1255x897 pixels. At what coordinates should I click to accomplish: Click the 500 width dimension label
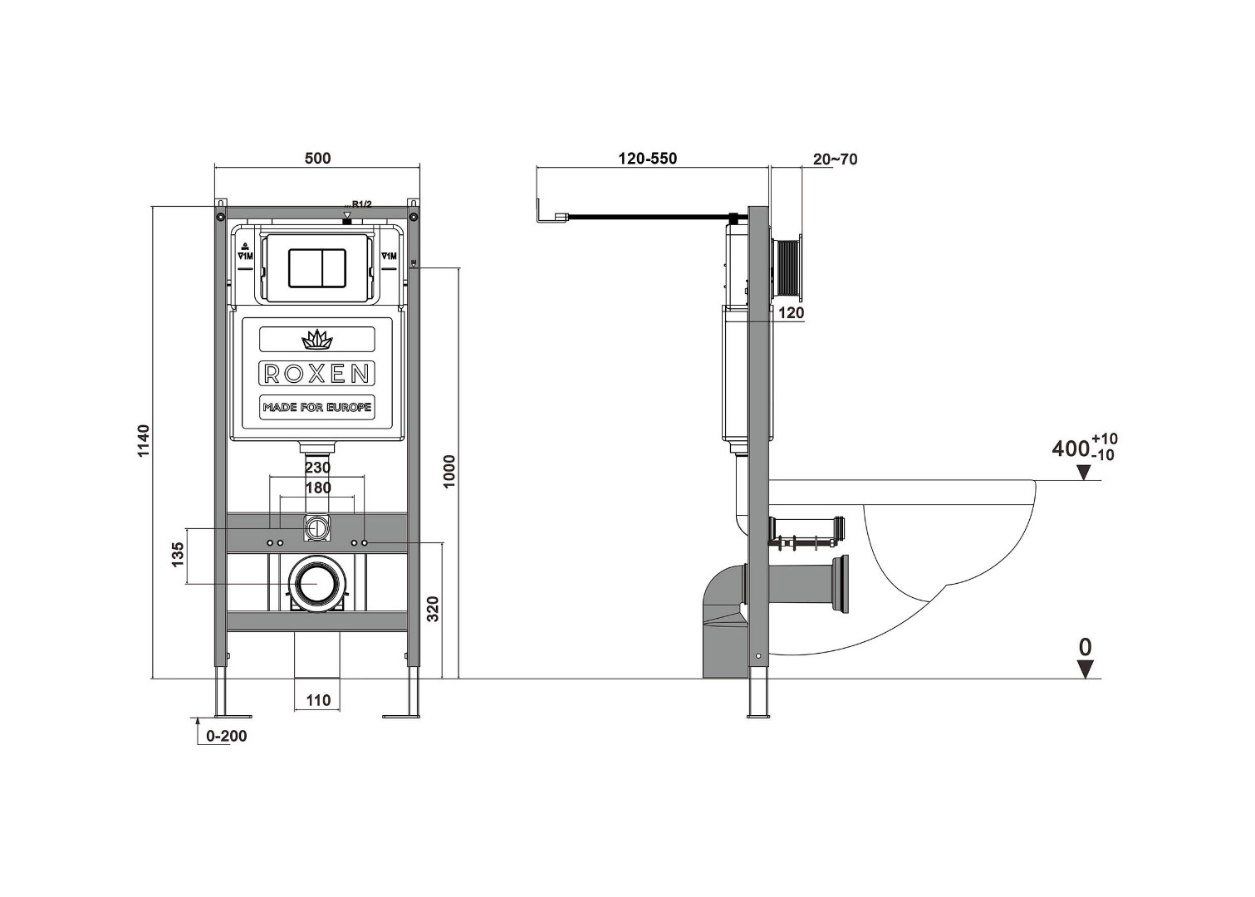pyautogui.click(x=317, y=158)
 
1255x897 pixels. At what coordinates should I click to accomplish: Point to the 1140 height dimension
pyautogui.click(x=145, y=441)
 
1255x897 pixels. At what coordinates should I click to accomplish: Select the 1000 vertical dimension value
pyautogui.click(x=449, y=471)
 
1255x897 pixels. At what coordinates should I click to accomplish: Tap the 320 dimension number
pyautogui.click(x=433, y=609)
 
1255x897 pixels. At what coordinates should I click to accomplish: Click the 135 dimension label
pyautogui.click(x=177, y=555)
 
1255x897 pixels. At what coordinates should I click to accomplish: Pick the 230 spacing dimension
pyautogui.click(x=317, y=468)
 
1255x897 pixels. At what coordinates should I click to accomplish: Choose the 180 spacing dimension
pyautogui.click(x=318, y=488)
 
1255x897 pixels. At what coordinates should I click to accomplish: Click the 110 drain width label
pyautogui.click(x=318, y=700)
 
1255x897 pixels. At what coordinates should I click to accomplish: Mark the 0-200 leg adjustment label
pyautogui.click(x=226, y=736)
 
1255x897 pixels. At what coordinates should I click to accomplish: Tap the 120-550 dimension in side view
pyautogui.click(x=647, y=158)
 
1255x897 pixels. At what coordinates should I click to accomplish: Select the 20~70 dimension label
pyautogui.click(x=835, y=159)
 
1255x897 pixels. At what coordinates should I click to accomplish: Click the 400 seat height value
pyautogui.click(x=1071, y=448)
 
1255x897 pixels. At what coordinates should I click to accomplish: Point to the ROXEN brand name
pyautogui.click(x=316, y=374)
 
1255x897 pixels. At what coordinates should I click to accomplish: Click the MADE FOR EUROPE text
pyautogui.click(x=316, y=408)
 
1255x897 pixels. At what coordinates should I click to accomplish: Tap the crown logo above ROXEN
pyautogui.click(x=316, y=339)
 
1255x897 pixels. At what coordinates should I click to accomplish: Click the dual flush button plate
pyautogui.click(x=316, y=267)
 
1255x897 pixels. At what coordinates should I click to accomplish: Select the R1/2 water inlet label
pyautogui.click(x=361, y=204)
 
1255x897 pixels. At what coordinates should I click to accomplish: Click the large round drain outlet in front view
pyautogui.click(x=316, y=583)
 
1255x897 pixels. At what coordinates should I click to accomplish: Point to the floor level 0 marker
pyautogui.click(x=1085, y=647)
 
